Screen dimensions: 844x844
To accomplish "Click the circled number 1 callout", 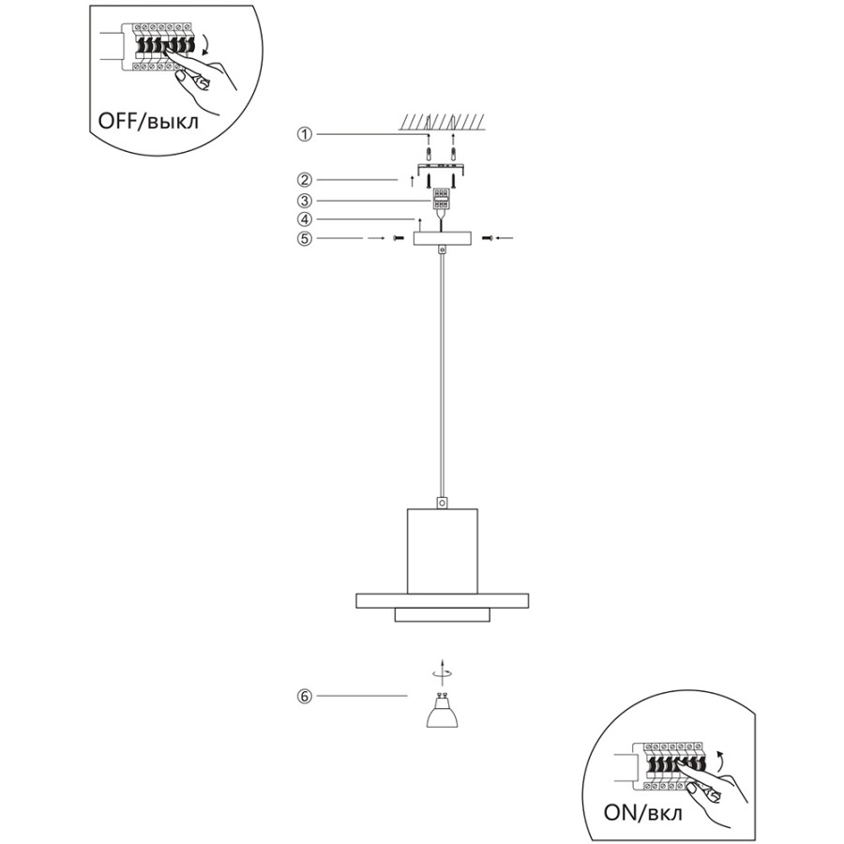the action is click(x=305, y=134).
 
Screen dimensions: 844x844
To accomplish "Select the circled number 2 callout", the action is click(x=305, y=179).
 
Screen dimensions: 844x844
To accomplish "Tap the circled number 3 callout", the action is click(x=305, y=201).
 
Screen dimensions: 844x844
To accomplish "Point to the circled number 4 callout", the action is click(x=305, y=219).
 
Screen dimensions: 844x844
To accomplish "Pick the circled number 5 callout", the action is click(x=305, y=238).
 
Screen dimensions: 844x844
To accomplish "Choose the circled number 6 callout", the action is click(x=305, y=696).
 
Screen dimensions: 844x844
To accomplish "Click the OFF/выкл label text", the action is click(x=148, y=121).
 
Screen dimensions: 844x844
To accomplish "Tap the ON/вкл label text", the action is click(x=642, y=812).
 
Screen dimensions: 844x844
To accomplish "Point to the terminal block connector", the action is click(x=442, y=199).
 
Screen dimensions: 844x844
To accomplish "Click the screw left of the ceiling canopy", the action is click(x=399, y=238).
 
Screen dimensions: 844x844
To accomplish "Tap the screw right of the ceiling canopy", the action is click(x=487, y=237).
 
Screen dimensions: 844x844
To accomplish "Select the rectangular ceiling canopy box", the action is click(x=442, y=238).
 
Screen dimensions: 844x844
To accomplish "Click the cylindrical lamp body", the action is click(x=442, y=551).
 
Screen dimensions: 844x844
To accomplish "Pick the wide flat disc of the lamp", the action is click(x=442, y=601).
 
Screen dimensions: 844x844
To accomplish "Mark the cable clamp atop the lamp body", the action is click(x=442, y=503).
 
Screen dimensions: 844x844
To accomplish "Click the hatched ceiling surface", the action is click(x=442, y=122).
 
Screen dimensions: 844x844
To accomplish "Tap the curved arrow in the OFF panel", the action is click(x=205, y=45).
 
